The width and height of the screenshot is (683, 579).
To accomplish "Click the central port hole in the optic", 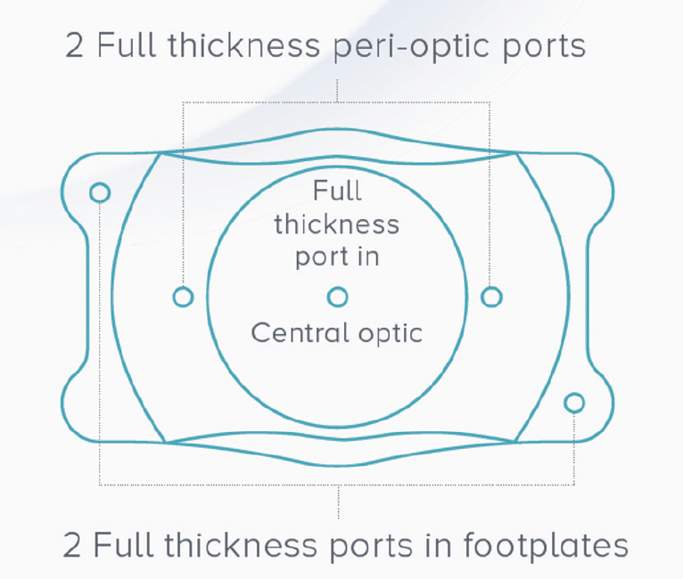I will (x=337, y=297).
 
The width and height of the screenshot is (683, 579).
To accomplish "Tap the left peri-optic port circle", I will (x=183, y=297).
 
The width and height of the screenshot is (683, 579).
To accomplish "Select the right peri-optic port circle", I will (x=491, y=297).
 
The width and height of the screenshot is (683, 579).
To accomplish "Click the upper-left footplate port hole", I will (x=100, y=192).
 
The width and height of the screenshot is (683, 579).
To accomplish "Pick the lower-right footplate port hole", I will (x=574, y=403).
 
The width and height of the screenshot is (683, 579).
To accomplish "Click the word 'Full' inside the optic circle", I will (x=337, y=191).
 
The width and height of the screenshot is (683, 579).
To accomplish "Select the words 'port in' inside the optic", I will (x=337, y=257).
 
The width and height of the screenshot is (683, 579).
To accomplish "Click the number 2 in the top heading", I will (x=75, y=45).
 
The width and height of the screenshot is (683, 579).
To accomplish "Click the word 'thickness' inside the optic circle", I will (x=337, y=224).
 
